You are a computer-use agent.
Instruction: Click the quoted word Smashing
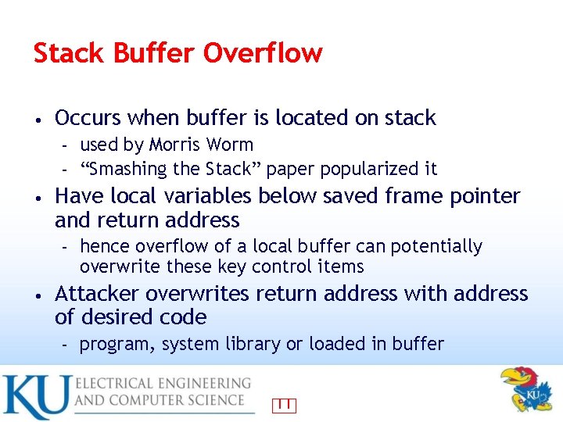click(x=126, y=169)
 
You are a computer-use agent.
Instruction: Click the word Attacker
click(x=97, y=294)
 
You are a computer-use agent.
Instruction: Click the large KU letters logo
click(x=37, y=397)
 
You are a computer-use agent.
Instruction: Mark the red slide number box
click(x=285, y=405)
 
